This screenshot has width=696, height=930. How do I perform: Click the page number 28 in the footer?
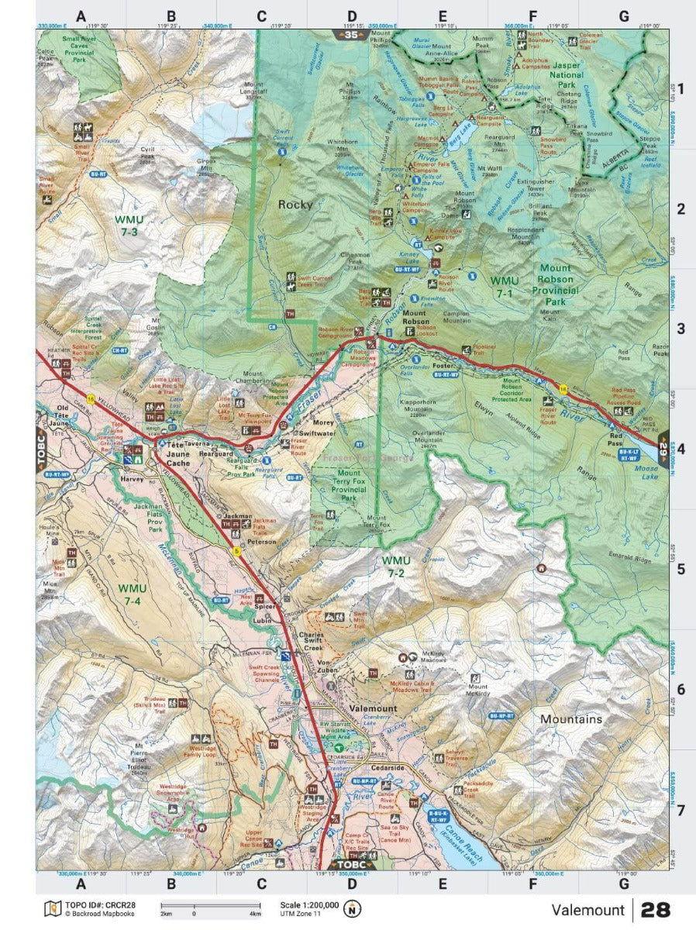655,909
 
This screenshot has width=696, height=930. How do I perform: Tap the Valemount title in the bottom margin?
587,910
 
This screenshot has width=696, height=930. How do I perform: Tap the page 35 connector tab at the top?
351,35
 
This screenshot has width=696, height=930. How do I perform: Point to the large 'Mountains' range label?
570,719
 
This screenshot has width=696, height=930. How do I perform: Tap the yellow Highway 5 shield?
237,552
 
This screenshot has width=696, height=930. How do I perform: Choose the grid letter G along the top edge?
623,15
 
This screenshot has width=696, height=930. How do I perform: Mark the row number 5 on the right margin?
680,569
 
